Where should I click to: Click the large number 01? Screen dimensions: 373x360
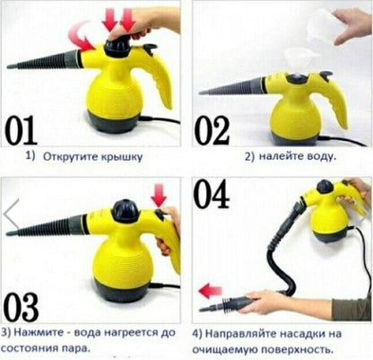click(x=21, y=130)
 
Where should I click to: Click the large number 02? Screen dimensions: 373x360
click(x=212, y=130)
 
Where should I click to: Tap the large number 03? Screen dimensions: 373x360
click(x=22, y=307)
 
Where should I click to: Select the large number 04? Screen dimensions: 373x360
click(x=212, y=194)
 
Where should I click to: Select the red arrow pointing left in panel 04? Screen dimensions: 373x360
click(x=210, y=291)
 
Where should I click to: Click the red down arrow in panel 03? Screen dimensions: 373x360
click(x=159, y=195)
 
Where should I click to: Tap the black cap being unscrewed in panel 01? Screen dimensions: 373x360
click(x=117, y=47)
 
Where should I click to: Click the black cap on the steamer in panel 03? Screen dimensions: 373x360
click(x=126, y=211)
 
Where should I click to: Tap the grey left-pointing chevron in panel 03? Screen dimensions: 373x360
click(x=11, y=214)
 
